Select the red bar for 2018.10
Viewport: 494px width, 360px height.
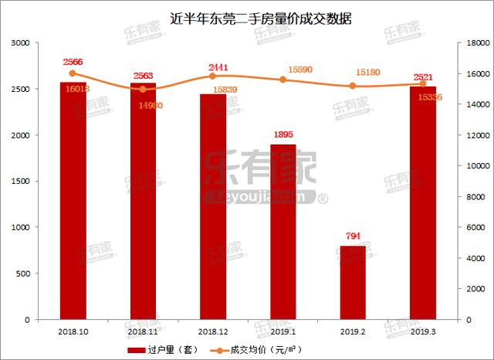coord(73,201)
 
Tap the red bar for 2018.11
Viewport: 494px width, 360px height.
coord(143,201)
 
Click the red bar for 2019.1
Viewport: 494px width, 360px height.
coord(283,232)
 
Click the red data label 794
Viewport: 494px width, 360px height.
coord(354,236)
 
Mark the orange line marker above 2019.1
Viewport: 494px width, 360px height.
coord(283,80)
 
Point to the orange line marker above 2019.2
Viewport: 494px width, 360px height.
coord(353,86)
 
